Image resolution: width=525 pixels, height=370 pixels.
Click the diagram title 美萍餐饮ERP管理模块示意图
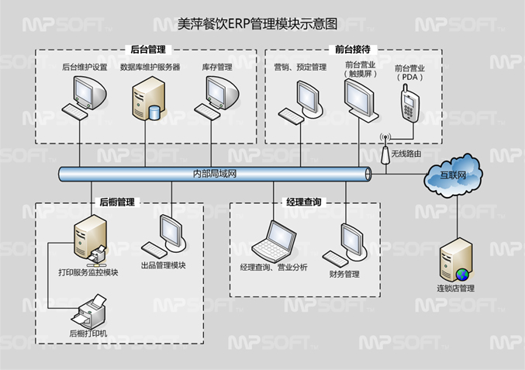click(261, 23)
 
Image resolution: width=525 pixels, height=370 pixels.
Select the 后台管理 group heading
click(147, 50)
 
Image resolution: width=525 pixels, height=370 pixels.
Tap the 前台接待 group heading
click(352, 49)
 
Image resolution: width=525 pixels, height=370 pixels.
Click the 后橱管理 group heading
click(117, 202)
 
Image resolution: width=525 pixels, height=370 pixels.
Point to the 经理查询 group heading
click(304, 202)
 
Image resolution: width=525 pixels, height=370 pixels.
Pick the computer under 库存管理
click(218, 99)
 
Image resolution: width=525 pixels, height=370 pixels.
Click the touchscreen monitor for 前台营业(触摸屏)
click(358, 99)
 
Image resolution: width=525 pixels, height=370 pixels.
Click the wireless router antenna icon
click(385, 151)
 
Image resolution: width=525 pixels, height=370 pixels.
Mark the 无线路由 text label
click(406, 154)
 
